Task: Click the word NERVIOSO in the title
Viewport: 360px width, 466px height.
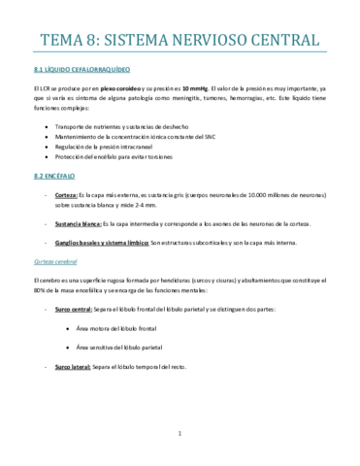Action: click(212, 40)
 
